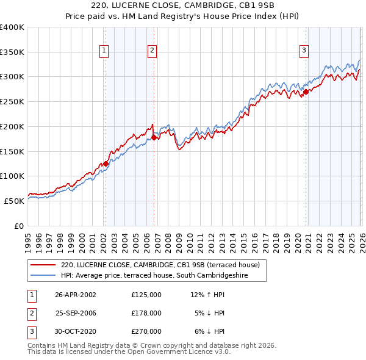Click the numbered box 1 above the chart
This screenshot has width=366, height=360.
[104, 51]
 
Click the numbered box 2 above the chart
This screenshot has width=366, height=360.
[152, 51]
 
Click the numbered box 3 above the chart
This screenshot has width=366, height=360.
[304, 51]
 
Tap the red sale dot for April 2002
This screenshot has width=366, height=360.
[106, 164]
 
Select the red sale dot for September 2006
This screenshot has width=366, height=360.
[154, 137]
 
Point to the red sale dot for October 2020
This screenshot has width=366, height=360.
[306, 92]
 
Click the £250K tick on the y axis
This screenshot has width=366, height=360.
[12, 102]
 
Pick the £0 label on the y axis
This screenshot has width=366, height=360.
[18, 226]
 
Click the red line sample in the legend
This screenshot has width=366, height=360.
[43, 265]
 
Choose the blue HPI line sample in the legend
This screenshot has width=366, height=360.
[43, 276]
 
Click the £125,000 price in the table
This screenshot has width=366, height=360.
[146, 294]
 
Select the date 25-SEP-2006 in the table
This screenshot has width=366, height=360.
[76, 313]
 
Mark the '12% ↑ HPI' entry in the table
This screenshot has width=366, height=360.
[207, 294]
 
